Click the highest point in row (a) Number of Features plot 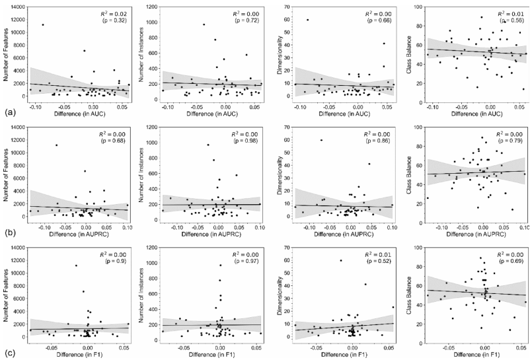pyautogui.click(x=43, y=25)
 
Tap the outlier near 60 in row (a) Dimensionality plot pyautogui.click(x=307, y=20)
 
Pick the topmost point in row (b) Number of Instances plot pyautogui.click(x=208, y=145)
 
